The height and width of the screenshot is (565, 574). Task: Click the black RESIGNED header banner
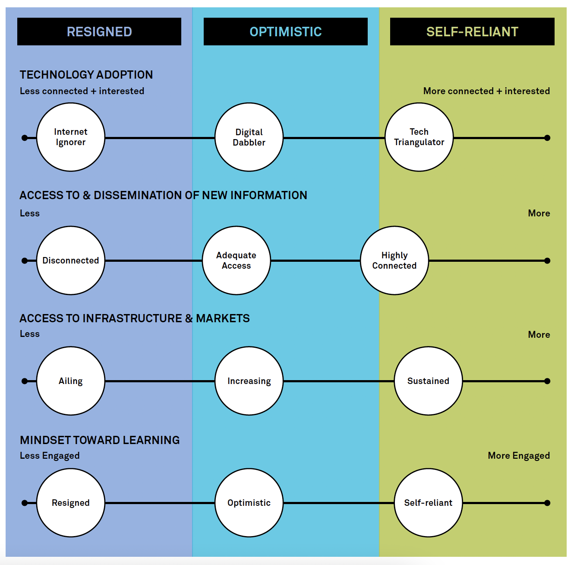[x=99, y=32]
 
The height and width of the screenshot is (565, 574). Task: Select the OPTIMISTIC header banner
[x=285, y=32]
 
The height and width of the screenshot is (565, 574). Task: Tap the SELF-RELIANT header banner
[x=472, y=32]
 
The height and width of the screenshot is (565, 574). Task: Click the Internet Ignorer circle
[x=71, y=137]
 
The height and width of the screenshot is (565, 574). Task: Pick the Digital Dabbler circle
[x=249, y=137]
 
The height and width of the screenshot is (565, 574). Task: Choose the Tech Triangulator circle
[x=419, y=137]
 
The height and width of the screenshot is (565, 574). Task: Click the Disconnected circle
[x=71, y=260]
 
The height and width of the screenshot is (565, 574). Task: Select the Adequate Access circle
[x=237, y=260]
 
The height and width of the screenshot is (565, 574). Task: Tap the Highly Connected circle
[x=394, y=260]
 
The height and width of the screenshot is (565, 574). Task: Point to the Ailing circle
[x=71, y=381]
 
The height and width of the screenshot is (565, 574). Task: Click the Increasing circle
[x=249, y=381]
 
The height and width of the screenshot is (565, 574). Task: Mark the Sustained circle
[x=428, y=381]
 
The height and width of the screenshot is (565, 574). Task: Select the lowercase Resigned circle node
[x=71, y=503]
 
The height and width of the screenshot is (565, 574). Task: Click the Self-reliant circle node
[x=428, y=503]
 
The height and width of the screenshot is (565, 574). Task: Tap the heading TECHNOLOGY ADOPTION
[x=86, y=75]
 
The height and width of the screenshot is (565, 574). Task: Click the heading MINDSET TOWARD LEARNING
[x=100, y=440]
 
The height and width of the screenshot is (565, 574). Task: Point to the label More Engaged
[x=519, y=456]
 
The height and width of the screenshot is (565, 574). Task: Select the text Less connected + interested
[x=82, y=91]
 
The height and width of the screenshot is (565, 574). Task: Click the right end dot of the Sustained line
[x=547, y=381]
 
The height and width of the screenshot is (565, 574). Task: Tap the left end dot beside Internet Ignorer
[x=25, y=138]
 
